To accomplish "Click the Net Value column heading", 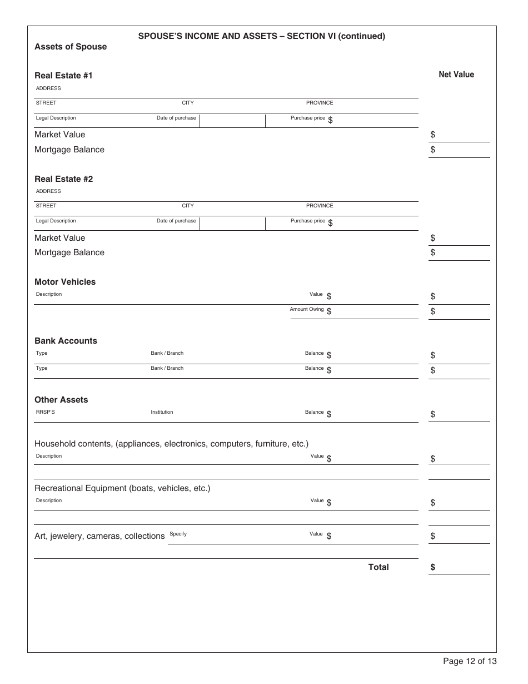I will pos(456,75).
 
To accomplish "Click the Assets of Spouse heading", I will pos(71,47).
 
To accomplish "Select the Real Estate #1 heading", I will pos(63,76).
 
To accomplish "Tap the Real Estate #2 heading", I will pos(63,179).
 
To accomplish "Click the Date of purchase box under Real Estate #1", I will pos(232,121).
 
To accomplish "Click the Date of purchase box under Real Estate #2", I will pos(232,224).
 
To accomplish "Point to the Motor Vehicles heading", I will pos(65,282).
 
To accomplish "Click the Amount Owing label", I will pos(307,309).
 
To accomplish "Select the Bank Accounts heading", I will pos(66,341).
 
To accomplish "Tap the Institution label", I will pos(162,412).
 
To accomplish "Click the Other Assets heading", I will pos(61,400).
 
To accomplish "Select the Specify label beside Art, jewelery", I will pos(178,534).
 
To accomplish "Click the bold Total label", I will pos(378,567).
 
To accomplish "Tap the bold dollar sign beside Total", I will pos(433,568).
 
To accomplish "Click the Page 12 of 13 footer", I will pos(470,661).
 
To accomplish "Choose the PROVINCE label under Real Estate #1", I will pos(320,103).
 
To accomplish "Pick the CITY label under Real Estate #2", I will pos(188,206).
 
